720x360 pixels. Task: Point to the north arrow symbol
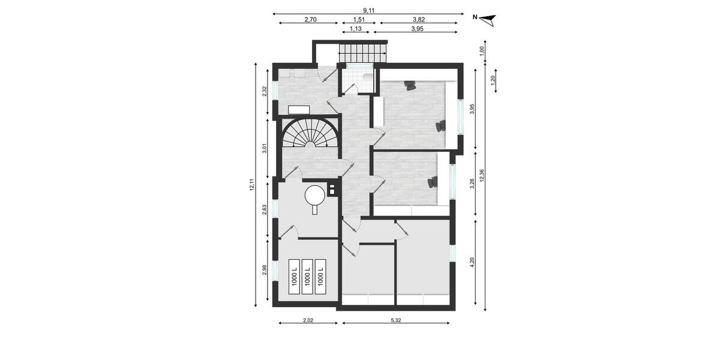click(490, 20)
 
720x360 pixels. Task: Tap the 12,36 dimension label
click(490, 176)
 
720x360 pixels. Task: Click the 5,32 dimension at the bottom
click(395, 320)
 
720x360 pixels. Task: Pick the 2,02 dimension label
click(307, 320)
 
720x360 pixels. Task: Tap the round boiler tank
click(314, 194)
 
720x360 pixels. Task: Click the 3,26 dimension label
click(472, 184)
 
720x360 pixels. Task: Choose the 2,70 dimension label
click(310, 20)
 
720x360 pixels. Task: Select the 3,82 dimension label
click(418, 20)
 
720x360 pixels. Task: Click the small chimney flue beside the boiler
click(331, 190)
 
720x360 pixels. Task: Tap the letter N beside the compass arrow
click(475, 17)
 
